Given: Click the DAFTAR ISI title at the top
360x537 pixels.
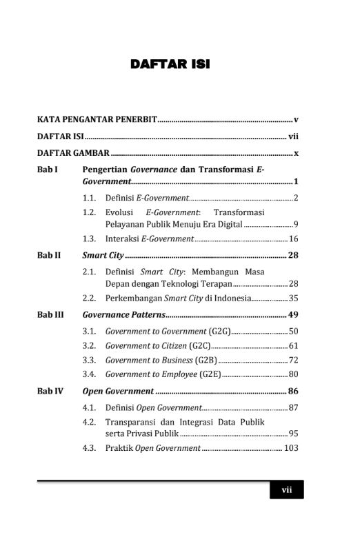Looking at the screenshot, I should point(170,65).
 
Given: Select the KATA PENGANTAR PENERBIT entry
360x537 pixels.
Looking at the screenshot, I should point(97,119).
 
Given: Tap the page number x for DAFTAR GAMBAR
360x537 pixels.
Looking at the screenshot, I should point(296,153).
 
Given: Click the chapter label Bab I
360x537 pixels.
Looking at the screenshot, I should point(48,169).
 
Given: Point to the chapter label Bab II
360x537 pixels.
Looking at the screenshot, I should point(49,255).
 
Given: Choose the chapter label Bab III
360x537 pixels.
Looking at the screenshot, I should point(50,314).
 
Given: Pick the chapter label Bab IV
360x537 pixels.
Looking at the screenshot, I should point(50,391).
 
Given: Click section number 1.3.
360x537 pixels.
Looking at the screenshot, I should point(88,239).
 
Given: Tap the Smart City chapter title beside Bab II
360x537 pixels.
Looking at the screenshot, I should point(103,255).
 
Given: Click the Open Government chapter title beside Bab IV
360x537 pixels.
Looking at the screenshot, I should point(118,391).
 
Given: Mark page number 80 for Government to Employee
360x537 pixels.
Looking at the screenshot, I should point(293,374).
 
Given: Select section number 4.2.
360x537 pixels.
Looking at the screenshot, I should point(88,422).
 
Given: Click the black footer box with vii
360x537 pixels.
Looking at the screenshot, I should point(287,490).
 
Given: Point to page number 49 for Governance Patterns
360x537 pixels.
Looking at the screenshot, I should point(293,314).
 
